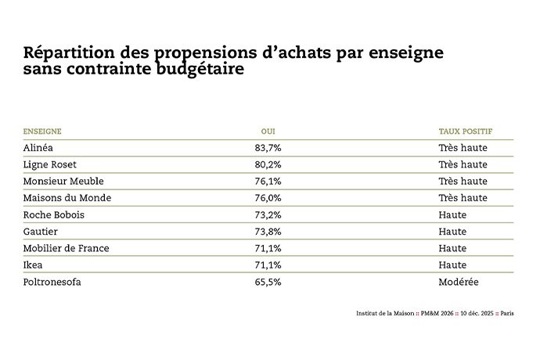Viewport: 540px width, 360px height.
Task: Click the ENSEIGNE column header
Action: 42,131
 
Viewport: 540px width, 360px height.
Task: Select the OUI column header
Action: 268,131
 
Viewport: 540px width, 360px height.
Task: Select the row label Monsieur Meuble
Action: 63,182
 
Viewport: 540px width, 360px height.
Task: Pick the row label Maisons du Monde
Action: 67,198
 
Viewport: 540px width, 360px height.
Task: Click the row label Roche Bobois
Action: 54,214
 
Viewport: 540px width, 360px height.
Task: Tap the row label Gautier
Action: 42,232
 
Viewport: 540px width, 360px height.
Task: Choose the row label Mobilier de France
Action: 67,248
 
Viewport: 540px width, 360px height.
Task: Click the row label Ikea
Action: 34,265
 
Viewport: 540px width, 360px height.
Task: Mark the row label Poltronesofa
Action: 52,282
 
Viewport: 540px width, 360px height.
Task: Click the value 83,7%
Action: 268,148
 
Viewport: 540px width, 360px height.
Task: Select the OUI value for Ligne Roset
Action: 268,164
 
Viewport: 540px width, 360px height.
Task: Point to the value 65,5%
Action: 268,282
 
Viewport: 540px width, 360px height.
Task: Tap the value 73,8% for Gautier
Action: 268,232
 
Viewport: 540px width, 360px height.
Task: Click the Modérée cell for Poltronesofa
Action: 459,282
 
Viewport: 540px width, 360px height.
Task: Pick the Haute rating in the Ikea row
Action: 452,265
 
